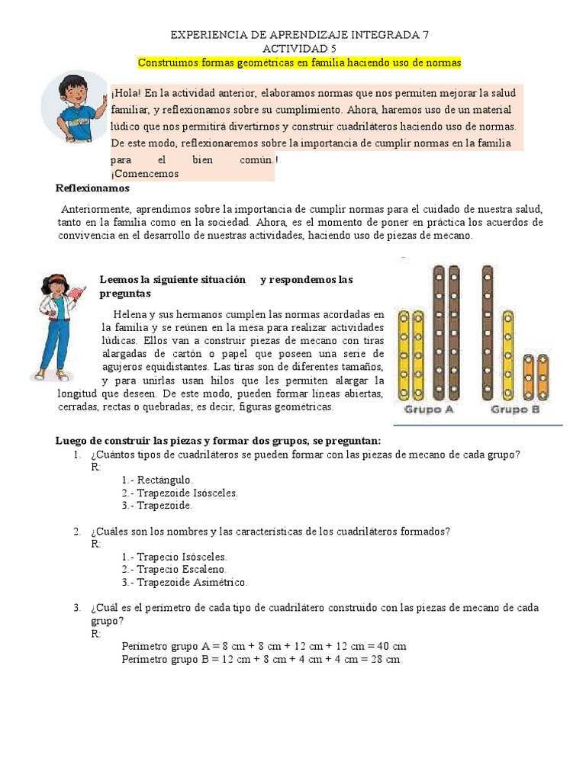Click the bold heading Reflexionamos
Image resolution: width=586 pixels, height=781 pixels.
[x=93, y=188]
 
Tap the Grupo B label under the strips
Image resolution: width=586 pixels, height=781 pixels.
[x=515, y=410]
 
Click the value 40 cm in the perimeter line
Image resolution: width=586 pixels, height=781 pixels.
[x=390, y=646]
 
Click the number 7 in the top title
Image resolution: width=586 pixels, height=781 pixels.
[x=435, y=35]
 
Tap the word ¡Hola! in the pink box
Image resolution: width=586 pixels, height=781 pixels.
[x=126, y=93]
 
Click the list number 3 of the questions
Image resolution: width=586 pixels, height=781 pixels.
[x=77, y=608]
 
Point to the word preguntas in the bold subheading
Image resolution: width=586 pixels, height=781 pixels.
[x=125, y=293]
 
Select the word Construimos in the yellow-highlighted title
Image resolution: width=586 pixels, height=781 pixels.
[x=168, y=61]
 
